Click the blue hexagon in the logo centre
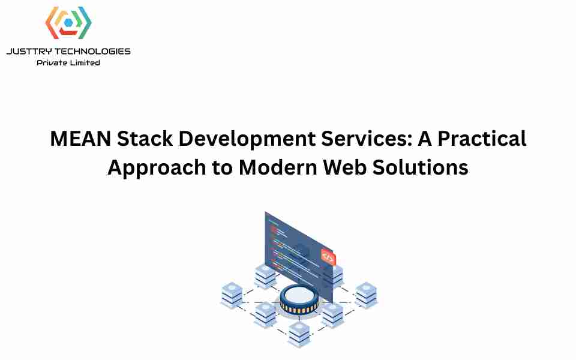tap(68, 23)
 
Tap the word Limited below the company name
tap(85, 63)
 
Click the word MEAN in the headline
tap(80, 139)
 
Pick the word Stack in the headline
tap(145, 139)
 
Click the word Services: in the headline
tap(367, 139)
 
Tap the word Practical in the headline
tap(482, 139)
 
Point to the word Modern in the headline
tap(278, 167)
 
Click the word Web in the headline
tap(344, 167)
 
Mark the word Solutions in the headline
tap(420, 167)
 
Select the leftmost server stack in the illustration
tap(232, 295)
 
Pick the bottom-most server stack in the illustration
tap(299, 334)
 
